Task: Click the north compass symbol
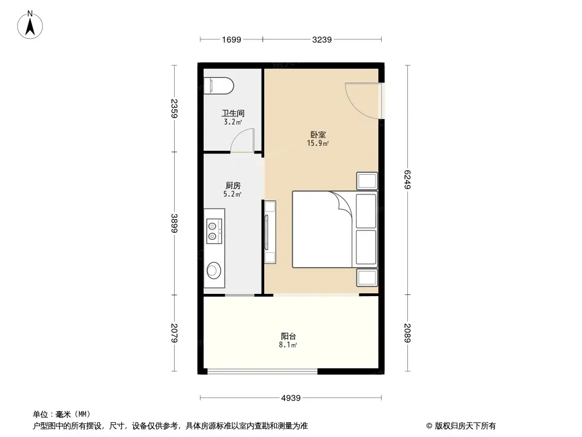(x=32, y=25)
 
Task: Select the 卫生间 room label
(x=233, y=114)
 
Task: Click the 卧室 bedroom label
(x=318, y=134)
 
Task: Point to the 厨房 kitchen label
(x=233, y=185)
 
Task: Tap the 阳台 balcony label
(x=288, y=336)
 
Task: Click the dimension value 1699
(x=231, y=39)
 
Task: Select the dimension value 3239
(x=322, y=39)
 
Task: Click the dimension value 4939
(x=291, y=398)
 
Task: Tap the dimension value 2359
(x=174, y=109)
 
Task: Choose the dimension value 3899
(x=174, y=223)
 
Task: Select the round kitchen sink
(x=213, y=269)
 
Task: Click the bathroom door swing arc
(x=241, y=138)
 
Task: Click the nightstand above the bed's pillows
(x=366, y=181)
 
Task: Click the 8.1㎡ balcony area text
(x=288, y=345)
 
